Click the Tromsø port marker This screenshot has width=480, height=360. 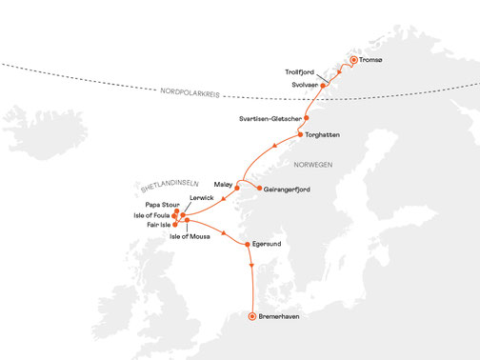tap(353, 60)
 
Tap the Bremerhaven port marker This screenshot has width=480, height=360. tap(251, 316)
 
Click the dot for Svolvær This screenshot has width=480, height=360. tap(324, 85)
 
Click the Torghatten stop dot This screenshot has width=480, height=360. tap(300, 135)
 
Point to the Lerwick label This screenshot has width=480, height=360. tap(202, 198)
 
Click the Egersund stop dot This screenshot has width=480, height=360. tap(247, 245)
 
